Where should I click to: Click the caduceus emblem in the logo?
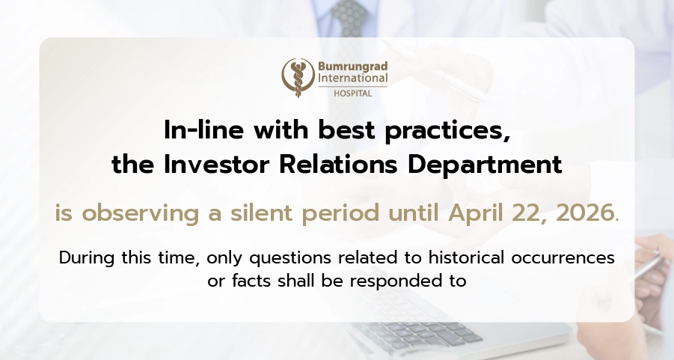click(298, 77)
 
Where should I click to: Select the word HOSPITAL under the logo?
click(353, 94)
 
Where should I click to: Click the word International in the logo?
click(353, 78)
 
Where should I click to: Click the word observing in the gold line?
click(140, 213)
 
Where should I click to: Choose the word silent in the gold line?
click(261, 213)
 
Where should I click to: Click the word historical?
click(466, 257)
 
